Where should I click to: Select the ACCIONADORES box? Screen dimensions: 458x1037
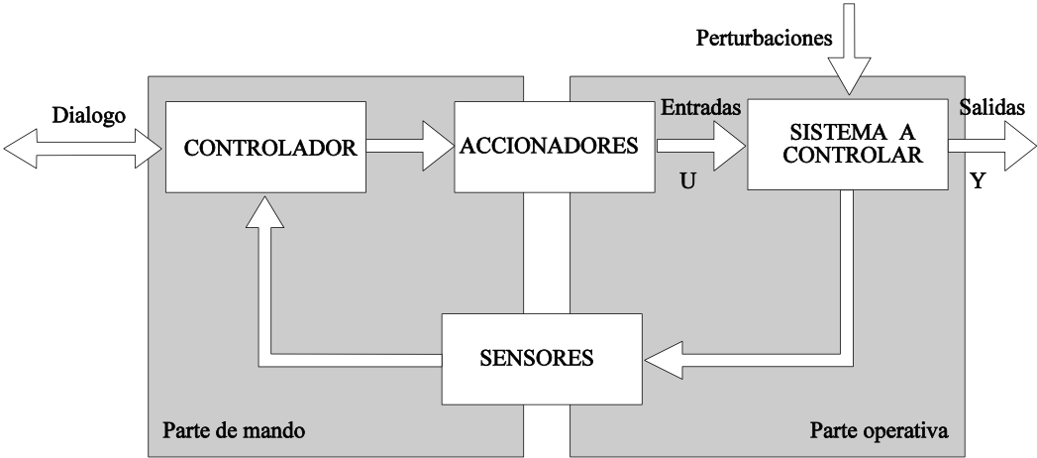[548, 146]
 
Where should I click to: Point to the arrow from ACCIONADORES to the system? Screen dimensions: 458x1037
[699, 147]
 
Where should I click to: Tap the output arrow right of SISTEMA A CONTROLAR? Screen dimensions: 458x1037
[990, 146]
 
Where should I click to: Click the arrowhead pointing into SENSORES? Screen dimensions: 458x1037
[663, 359]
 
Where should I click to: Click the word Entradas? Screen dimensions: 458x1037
[701, 108]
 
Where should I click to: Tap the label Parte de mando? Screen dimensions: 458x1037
[233, 431]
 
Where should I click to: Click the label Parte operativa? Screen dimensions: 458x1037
[879, 431]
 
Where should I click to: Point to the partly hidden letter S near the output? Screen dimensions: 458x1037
[965, 107]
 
